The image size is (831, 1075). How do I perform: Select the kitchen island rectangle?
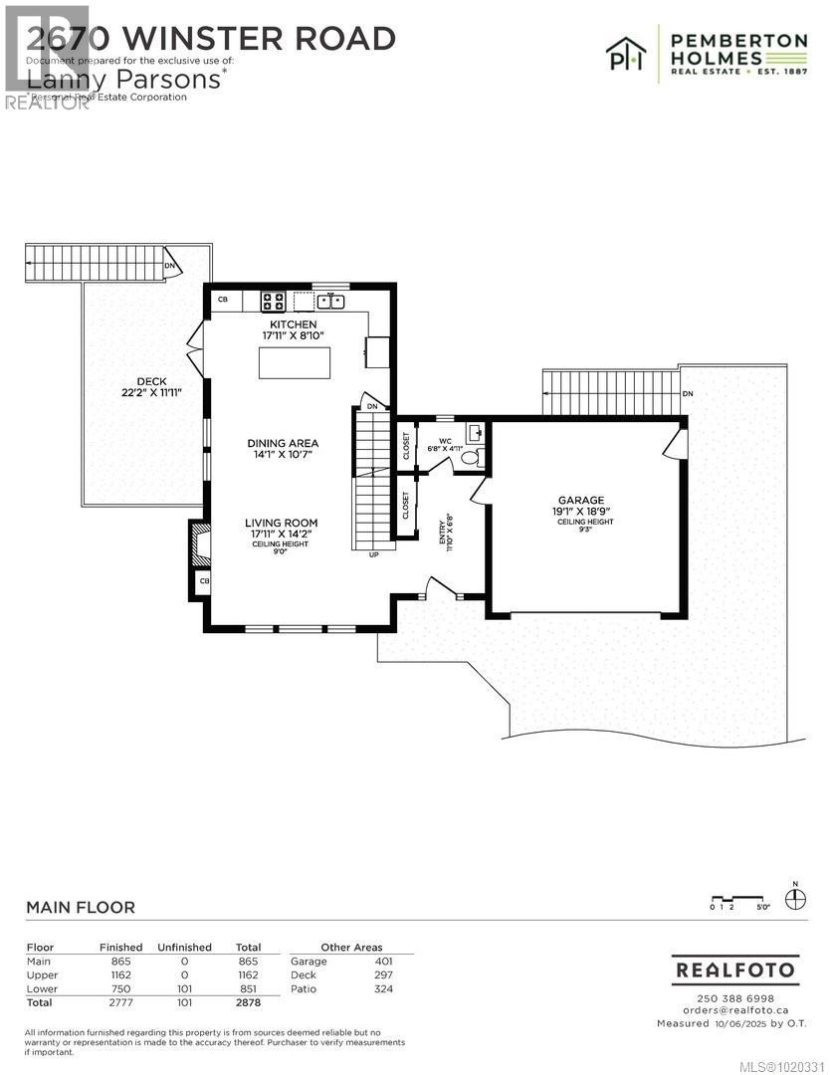point(295,363)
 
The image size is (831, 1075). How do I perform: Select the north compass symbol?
point(795,899)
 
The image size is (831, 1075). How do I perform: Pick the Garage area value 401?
point(382,962)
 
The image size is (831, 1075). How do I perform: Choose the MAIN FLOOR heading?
point(80,908)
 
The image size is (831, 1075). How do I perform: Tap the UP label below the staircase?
point(374,554)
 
